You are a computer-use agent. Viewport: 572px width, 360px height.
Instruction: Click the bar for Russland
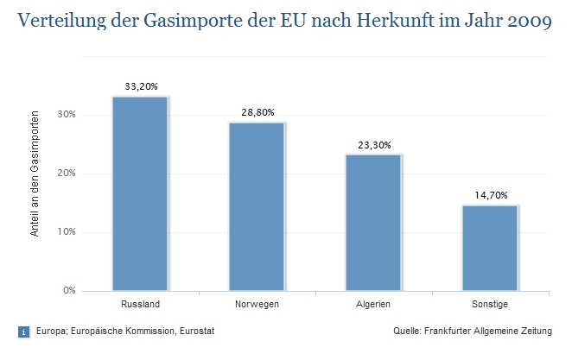[140, 193]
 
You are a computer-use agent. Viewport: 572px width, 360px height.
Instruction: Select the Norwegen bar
[257, 206]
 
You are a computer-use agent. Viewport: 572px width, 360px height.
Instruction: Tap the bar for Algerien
[373, 222]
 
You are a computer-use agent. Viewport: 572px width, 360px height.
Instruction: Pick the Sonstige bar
[490, 248]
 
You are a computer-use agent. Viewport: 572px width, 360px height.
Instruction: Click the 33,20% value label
[140, 86]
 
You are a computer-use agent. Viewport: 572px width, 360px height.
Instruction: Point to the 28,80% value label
[257, 112]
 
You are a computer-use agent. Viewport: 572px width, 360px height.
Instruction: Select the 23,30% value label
[373, 144]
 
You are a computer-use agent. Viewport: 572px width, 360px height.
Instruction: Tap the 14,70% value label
[490, 195]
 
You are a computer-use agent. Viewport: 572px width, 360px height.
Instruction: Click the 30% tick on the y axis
[67, 114]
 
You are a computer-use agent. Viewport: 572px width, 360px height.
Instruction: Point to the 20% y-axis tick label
[67, 173]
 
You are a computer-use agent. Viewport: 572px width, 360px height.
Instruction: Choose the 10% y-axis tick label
[67, 231]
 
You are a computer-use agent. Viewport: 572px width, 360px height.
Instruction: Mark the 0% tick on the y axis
[70, 290]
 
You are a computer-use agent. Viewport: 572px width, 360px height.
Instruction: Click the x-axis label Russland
[140, 305]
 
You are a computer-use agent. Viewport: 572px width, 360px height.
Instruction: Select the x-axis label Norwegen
[257, 305]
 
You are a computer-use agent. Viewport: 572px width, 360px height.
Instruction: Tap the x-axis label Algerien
[373, 305]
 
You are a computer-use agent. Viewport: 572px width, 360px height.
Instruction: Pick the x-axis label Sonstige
[490, 305]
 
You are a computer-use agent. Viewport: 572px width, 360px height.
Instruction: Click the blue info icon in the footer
[23, 331]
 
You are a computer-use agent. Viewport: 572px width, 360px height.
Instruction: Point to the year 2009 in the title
[525, 20]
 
